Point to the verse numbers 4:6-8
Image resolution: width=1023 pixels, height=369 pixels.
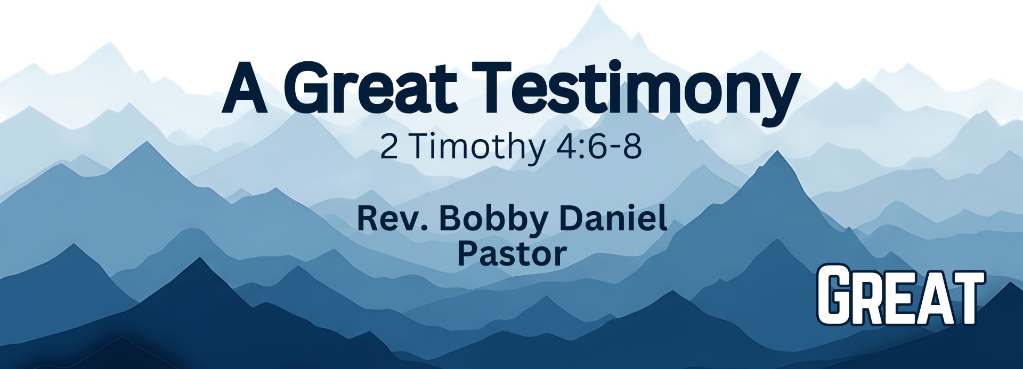point(598,147)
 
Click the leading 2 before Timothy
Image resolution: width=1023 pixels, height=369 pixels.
point(389,147)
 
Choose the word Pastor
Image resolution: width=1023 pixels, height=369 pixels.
point(511,254)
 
